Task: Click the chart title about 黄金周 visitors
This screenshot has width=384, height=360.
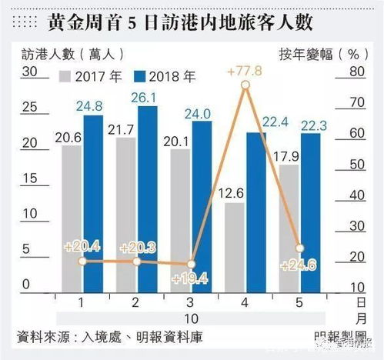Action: click(x=192, y=22)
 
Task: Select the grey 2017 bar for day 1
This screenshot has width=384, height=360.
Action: click(x=72, y=215)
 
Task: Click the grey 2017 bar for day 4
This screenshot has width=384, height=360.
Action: click(x=235, y=246)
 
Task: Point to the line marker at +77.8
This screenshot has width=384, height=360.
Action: click(x=245, y=85)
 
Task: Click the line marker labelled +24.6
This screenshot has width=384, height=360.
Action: click(x=300, y=248)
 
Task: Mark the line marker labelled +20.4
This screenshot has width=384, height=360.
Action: click(x=82, y=262)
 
